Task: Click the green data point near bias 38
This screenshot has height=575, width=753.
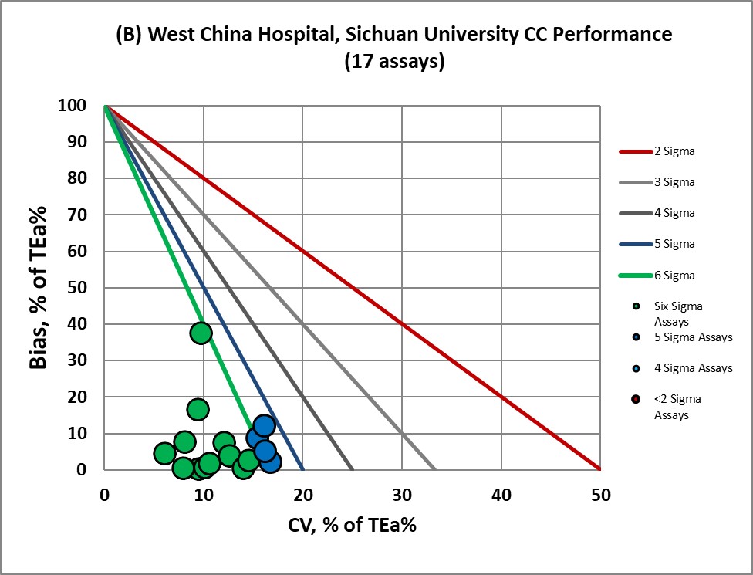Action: point(201,333)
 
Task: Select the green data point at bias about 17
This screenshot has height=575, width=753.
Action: point(198,409)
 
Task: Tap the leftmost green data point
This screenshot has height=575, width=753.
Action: point(164,453)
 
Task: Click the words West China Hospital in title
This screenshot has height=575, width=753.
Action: point(231,35)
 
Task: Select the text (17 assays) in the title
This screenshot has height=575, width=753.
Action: point(393,63)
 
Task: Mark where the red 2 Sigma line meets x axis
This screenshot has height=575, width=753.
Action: point(599,469)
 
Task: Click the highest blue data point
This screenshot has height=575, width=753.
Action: point(265,426)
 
